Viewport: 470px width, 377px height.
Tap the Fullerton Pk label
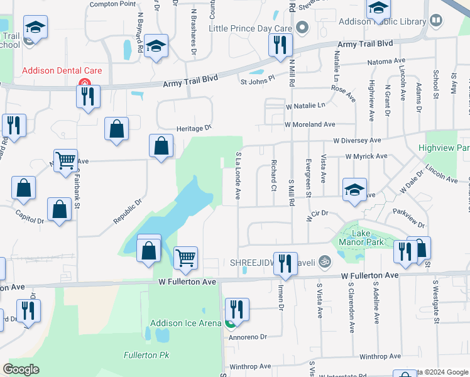point(146,355)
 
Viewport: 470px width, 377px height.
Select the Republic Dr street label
point(128,212)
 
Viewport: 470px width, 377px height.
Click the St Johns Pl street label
point(258,80)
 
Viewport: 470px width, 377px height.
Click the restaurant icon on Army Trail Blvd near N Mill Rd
point(278,45)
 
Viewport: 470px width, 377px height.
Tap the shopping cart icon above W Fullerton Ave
point(185,258)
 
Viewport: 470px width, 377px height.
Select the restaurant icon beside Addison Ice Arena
point(237,309)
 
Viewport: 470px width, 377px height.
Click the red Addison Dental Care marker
point(82,83)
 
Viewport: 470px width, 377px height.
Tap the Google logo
point(21,369)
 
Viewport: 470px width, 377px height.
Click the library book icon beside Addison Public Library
point(435,21)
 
